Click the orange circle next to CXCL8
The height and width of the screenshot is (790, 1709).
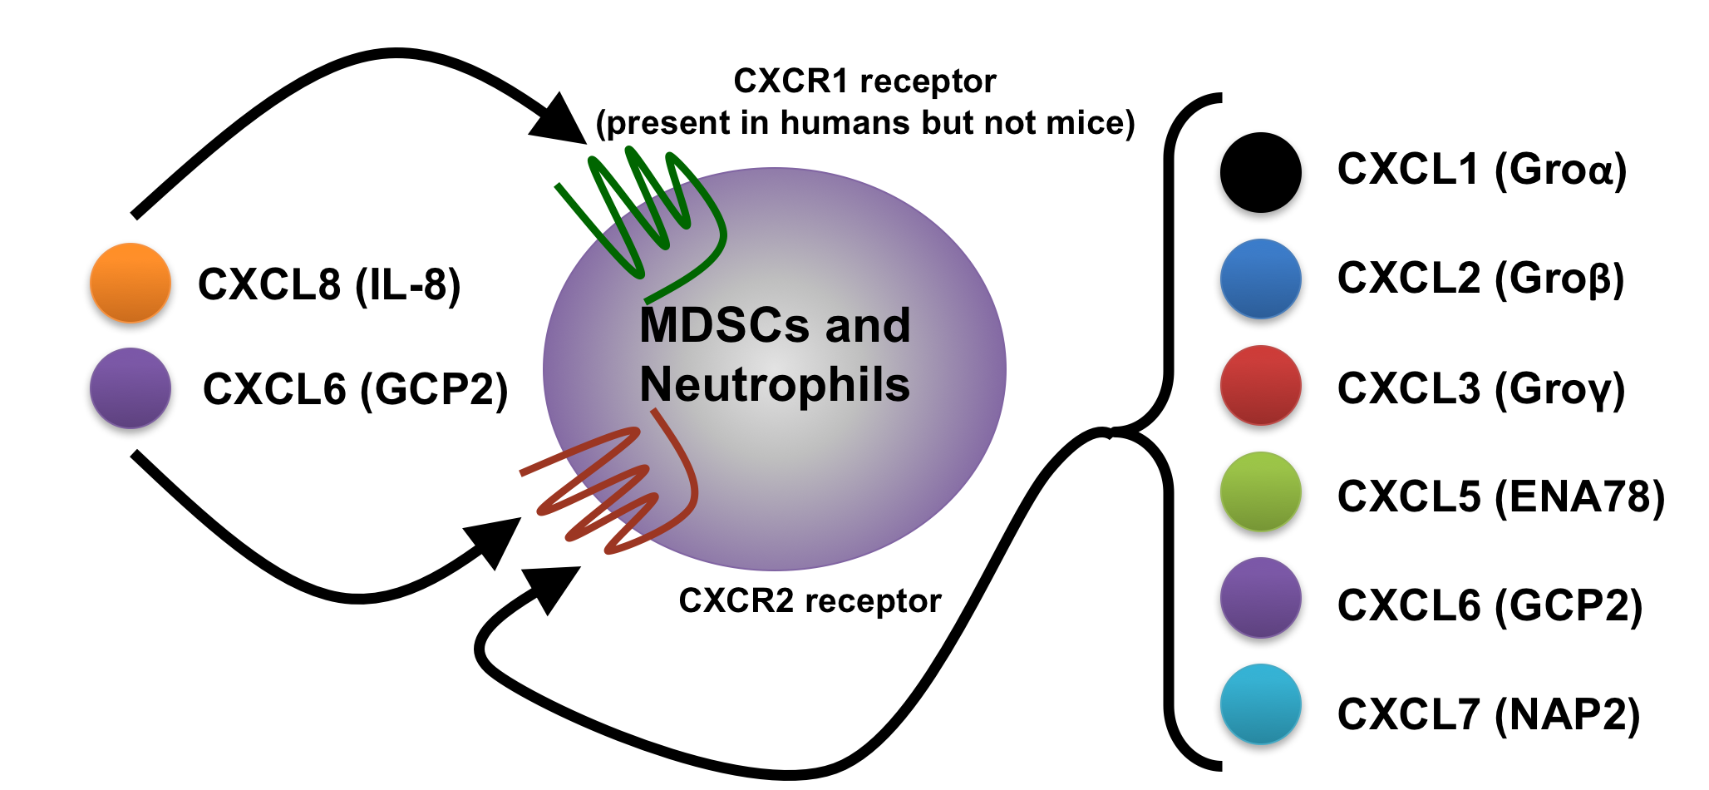point(131,283)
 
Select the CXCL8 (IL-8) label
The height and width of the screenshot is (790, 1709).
point(329,284)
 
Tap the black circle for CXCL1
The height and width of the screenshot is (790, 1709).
point(1260,172)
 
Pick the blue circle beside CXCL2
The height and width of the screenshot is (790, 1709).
point(1260,279)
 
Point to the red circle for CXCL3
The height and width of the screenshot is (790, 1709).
point(1260,385)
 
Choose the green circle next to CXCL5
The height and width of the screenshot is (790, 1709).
point(1260,491)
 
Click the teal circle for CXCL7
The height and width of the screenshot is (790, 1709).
point(1260,704)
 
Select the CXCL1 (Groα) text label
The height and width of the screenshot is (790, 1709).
point(1481,170)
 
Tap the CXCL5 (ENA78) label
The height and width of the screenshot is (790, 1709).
point(1500,496)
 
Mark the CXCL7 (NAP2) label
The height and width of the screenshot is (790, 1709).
point(1488,714)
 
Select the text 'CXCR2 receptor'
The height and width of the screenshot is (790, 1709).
point(810,600)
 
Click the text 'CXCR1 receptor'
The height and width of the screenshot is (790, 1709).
point(864,81)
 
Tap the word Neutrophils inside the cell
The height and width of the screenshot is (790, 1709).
point(775,385)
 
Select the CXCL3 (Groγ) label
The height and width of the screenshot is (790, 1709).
point(1480,389)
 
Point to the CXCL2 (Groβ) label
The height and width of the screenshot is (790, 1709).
point(1480,279)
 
